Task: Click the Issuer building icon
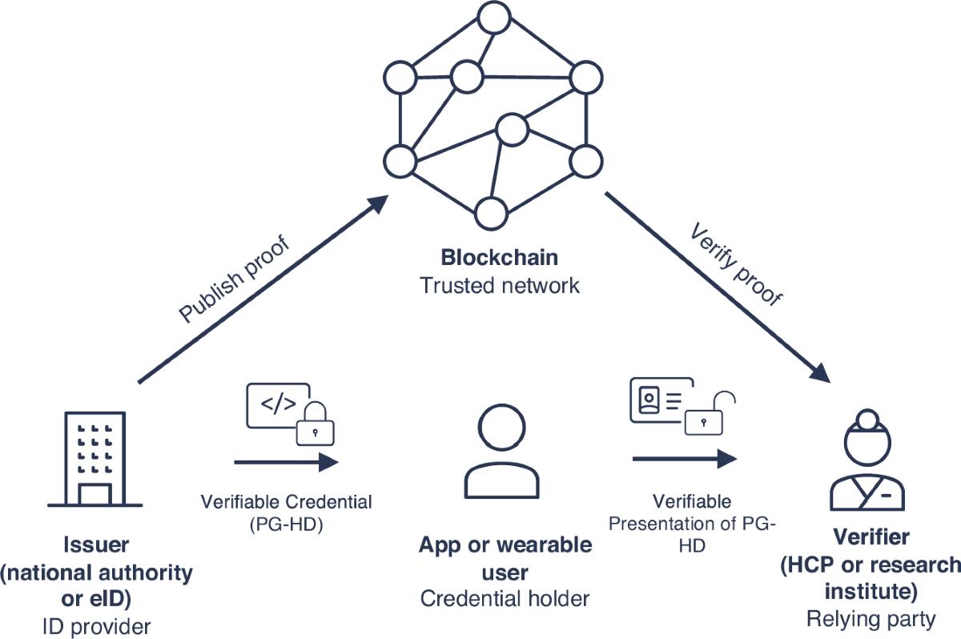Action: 94,460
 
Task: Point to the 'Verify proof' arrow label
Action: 735,266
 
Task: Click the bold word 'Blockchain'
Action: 500,259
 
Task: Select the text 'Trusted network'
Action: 500,285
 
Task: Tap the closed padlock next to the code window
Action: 316,424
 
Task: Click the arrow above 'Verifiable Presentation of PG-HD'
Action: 685,458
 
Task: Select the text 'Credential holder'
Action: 505,598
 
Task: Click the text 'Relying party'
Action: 870,619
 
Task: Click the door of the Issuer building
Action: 94,494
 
